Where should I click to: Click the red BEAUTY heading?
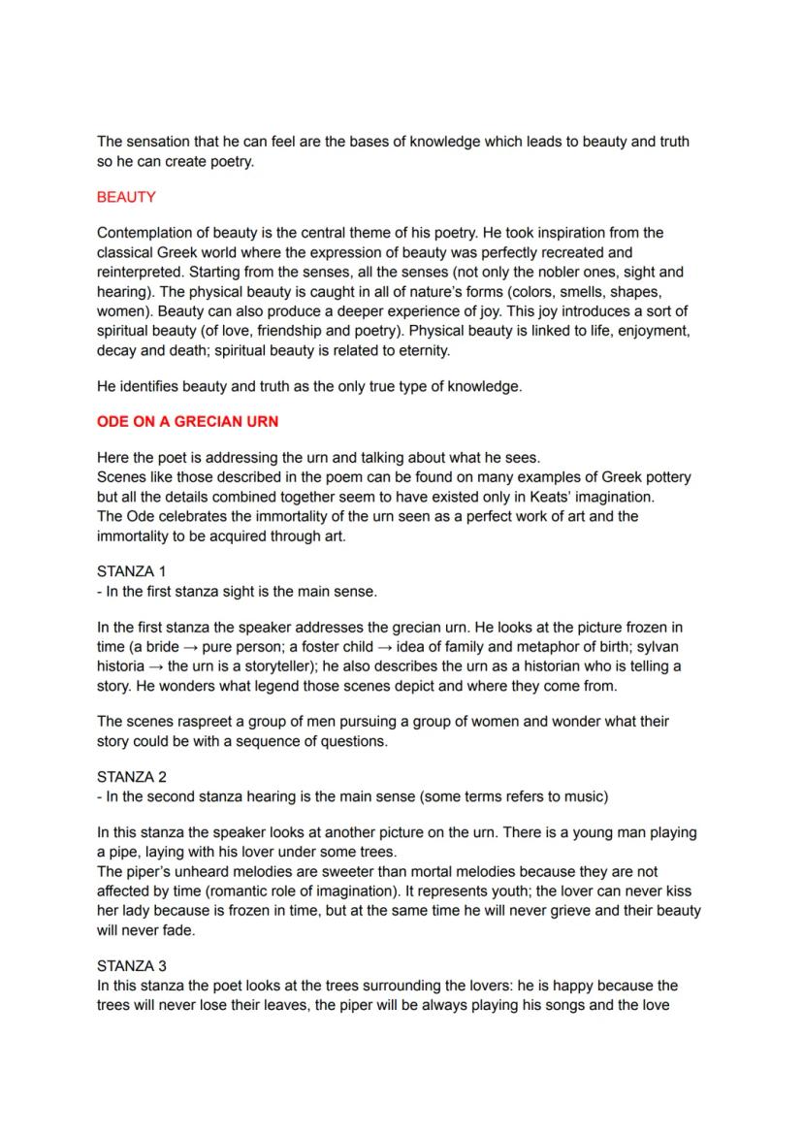click(126, 197)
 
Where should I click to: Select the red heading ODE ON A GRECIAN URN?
click(188, 422)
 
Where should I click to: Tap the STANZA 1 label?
click(132, 571)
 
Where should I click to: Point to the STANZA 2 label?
click(132, 777)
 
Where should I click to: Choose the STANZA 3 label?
click(132, 966)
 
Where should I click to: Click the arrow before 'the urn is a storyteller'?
click(154, 666)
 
